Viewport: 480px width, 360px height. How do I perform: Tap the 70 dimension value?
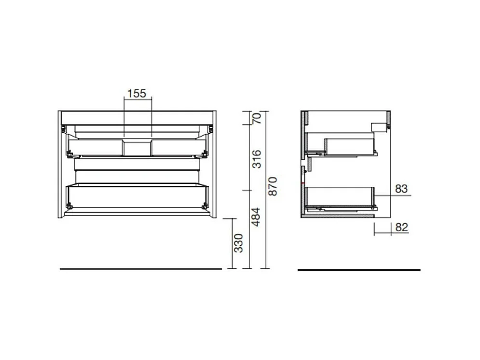257,118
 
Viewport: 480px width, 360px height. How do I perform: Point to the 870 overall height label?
273,187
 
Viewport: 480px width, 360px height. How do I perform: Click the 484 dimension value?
257,217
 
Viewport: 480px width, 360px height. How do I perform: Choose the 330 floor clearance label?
238,243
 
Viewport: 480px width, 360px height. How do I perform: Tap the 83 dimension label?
401,189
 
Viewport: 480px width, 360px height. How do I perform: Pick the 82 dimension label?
401,227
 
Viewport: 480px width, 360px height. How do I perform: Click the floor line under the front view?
140,268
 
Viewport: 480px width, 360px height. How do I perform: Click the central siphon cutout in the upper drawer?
137,148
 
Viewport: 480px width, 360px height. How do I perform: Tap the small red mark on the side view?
302,183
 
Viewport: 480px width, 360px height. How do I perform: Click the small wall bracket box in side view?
379,127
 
